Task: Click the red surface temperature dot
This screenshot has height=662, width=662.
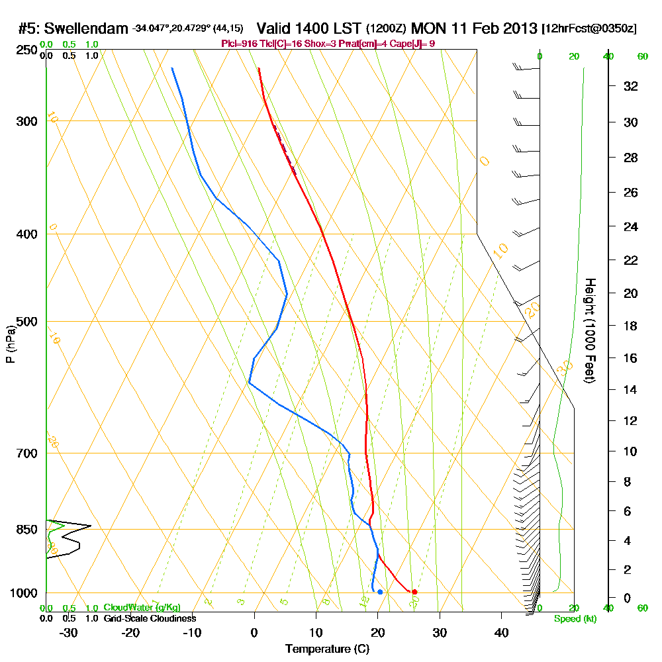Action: tap(414, 592)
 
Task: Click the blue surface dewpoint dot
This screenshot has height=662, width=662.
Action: tap(380, 592)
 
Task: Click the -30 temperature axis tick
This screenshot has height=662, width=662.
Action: tap(69, 633)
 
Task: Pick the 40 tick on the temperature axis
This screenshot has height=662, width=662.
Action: tap(501, 633)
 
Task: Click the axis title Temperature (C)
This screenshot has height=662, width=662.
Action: tap(327, 649)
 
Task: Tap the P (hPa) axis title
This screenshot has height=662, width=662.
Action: tap(10, 344)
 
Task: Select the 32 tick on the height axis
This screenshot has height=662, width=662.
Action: tap(630, 86)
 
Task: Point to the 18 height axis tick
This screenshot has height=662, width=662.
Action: tap(630, 326)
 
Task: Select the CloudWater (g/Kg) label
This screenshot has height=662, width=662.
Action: tap(142, 608)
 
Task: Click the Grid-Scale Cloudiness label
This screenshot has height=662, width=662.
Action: tap(149, 618)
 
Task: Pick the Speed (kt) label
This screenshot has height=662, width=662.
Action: tap(574, 619)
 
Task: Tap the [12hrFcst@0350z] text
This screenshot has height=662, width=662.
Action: tap(589, 30)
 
